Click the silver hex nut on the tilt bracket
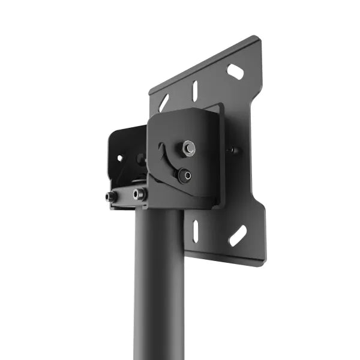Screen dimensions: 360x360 188,146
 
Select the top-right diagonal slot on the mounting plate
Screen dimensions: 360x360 235,71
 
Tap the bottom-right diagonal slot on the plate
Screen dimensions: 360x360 237,235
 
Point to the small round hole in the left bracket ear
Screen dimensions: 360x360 119,158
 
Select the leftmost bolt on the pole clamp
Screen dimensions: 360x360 111,196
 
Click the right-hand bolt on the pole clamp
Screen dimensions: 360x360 140,194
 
